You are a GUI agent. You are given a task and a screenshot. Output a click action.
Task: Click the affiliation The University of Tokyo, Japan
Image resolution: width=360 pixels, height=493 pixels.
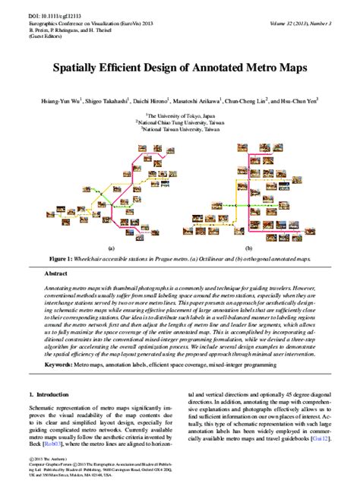pos(180,112)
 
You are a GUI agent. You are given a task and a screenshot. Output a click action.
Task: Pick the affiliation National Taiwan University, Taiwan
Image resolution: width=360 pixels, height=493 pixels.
pos(180,128)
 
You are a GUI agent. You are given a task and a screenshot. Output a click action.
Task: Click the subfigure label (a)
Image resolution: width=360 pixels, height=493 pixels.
pos(111,248)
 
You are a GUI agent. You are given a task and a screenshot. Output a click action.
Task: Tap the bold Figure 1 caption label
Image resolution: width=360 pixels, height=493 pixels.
pos(64,258)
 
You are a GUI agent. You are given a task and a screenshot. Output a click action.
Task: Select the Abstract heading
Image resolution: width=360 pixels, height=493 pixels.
pos(58,272)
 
